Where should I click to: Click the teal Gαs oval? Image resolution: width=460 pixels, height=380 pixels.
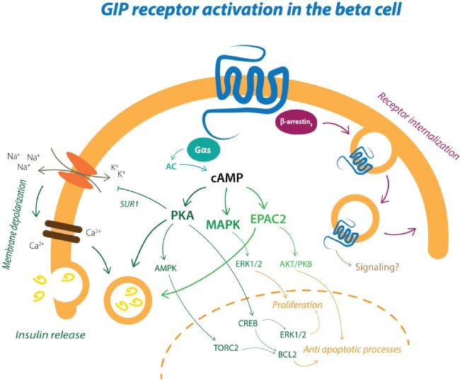(202, 150)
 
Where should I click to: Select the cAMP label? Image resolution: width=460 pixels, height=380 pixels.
(227, 178)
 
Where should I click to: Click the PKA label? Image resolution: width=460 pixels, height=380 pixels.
(182, 215)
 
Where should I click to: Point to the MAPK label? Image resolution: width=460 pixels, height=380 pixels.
(223, 225)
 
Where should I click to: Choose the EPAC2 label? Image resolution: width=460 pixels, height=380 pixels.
(268, 219)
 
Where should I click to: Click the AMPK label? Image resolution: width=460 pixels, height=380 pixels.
(166, 268)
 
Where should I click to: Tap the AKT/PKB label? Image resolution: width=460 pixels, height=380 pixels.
(296, 264)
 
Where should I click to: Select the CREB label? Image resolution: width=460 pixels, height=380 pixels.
(248, 323)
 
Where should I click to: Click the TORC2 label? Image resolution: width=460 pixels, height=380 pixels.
(226, 348)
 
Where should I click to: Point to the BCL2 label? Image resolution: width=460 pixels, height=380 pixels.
(287, 355)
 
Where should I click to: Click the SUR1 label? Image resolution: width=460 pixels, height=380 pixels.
(129, 204)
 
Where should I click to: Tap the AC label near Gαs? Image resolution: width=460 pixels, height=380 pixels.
(171, 167)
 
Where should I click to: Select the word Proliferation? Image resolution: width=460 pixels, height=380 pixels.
(297, 305)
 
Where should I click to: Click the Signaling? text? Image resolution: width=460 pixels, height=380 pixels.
(377, 267)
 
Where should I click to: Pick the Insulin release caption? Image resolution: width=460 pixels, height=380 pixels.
(50, 335)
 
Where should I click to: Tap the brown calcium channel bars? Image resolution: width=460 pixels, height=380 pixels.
(62, 232)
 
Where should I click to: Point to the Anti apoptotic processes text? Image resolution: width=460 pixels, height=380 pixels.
(352, 350)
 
